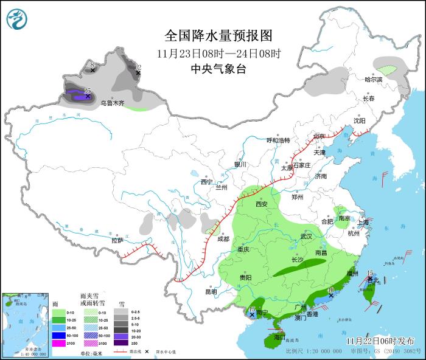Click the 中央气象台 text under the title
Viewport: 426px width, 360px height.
click(x=218, y=69)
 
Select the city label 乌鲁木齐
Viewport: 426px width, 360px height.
click(x=113, y=103)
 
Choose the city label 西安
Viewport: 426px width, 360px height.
click(x=262, y=204)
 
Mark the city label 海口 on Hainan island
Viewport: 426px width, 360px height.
click(x=279, y=337)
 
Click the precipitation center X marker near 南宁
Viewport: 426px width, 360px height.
click(x=252, y=315)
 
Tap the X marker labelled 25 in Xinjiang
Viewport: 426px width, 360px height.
click(x=88, y=96)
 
